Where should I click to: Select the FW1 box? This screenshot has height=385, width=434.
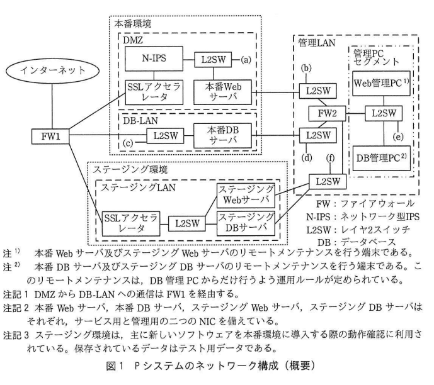click(48, 135)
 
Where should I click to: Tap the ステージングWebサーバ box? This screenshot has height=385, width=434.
click(246, 194)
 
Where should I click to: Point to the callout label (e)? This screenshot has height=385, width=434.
click(396, 136)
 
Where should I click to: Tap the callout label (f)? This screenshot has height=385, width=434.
click(329, 157)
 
